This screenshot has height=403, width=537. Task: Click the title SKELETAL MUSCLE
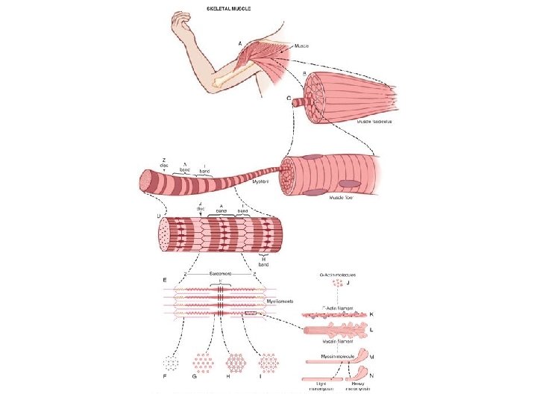(228, 9)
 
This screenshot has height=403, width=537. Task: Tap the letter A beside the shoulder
(239, 43)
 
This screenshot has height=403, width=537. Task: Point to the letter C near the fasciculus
(289, 99)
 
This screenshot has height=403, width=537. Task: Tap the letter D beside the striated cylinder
(158, 216)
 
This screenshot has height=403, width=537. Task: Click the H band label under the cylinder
(263, 260)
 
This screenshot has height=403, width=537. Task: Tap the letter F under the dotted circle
(166, 378)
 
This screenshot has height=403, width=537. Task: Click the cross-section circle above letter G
(204, 363)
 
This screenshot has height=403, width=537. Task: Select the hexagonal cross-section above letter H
(236, 363)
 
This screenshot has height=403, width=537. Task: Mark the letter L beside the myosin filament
(371, 329)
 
